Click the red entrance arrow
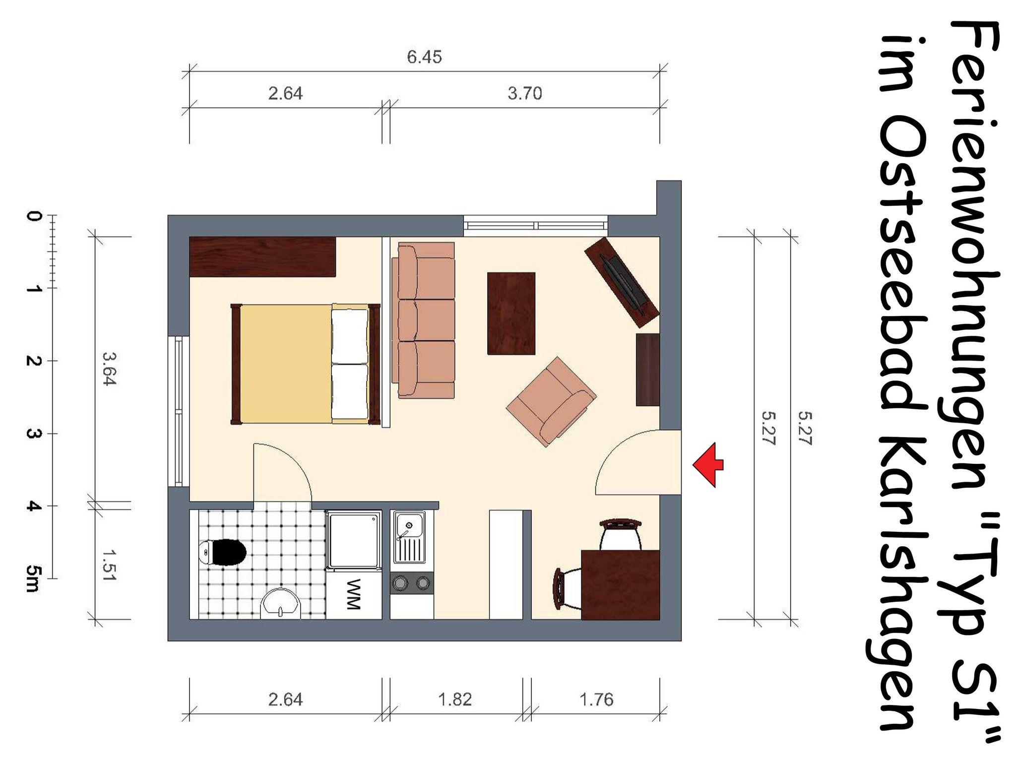click(708, 464)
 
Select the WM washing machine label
click(353, 594)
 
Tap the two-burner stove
click(411, 583)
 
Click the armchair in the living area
click(552, 401)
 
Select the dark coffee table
click(511, 313)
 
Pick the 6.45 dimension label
click(424, 58)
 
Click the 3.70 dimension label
click(524, 93)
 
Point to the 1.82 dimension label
click(455, 699)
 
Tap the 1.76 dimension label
click(596, 699)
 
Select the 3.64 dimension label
click(109, 369)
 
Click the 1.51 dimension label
click(109, 566)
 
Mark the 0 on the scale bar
click(34, 216)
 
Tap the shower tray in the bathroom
click(353, 540)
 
